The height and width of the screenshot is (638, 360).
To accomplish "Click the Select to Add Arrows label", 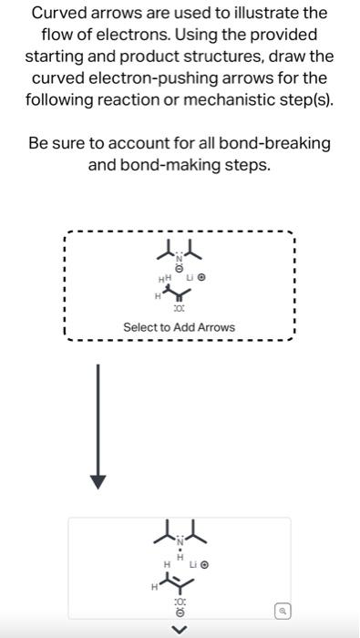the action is point(179,327).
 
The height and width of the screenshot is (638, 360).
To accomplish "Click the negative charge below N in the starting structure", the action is point(180,270).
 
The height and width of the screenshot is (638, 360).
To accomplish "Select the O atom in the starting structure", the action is point(179,310).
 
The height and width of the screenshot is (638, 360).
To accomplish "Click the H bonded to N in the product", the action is point(180,558).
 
